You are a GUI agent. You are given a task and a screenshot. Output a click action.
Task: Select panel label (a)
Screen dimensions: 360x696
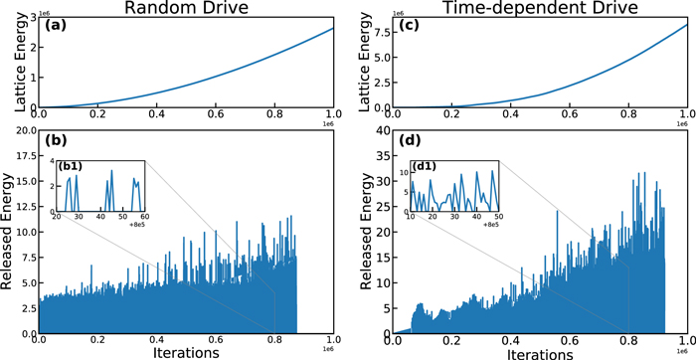[x=52, y=24]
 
